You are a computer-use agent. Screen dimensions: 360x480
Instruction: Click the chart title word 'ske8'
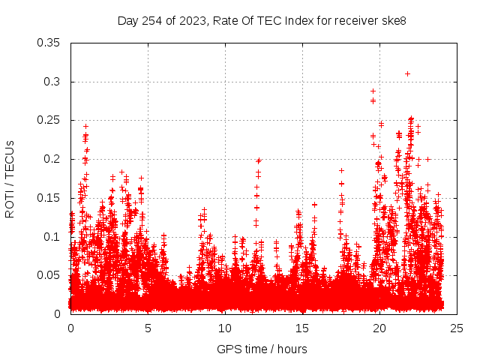pos(393,20)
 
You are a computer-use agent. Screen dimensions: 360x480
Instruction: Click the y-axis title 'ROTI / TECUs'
pos(10,178)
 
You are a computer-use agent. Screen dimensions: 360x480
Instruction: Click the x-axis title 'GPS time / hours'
pos(262,349)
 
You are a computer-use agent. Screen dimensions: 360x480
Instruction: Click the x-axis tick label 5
pos(148,328)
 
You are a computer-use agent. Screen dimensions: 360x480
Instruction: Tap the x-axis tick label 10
pos(225,328)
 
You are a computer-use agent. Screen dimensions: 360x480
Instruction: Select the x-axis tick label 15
pos(302,328)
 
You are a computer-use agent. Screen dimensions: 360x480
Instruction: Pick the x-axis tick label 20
pos(379,328)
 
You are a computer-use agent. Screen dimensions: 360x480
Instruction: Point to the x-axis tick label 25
pos(457,328)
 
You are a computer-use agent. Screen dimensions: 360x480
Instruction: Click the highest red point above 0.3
pos(407,73)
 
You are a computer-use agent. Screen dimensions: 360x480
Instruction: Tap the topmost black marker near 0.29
pos(373,91)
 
